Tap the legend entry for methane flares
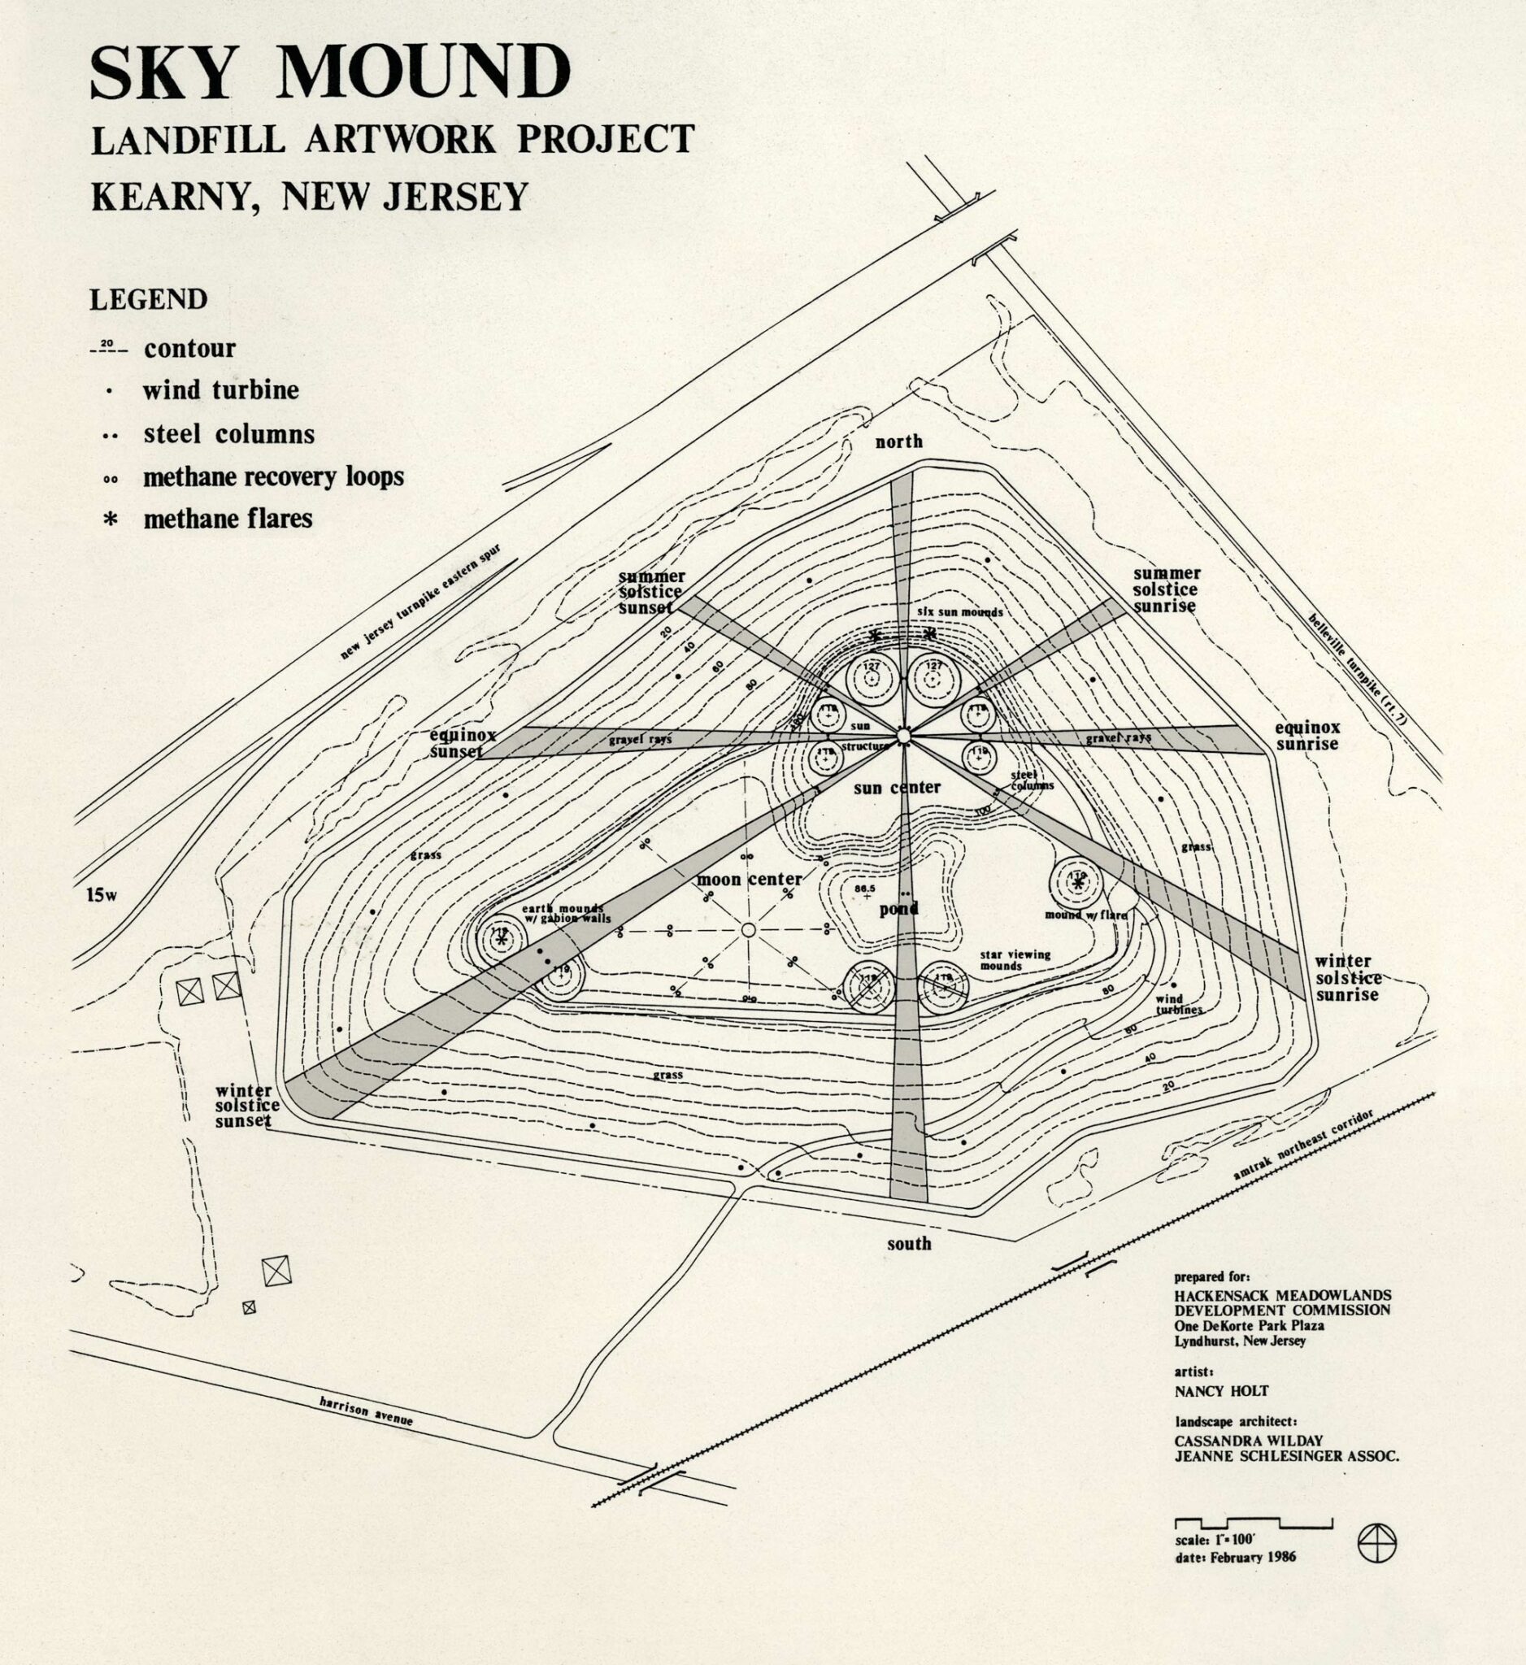227,519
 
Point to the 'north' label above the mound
899,441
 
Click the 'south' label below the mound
908,1244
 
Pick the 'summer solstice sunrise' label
1165,589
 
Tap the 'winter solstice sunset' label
247,1106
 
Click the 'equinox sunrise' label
1307,735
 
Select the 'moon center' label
749,879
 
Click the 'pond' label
898,909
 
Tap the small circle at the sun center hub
902,735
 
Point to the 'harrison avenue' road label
365,1412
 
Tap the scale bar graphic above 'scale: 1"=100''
1253,1523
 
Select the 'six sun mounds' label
959,613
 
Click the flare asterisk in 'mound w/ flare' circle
1076,883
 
